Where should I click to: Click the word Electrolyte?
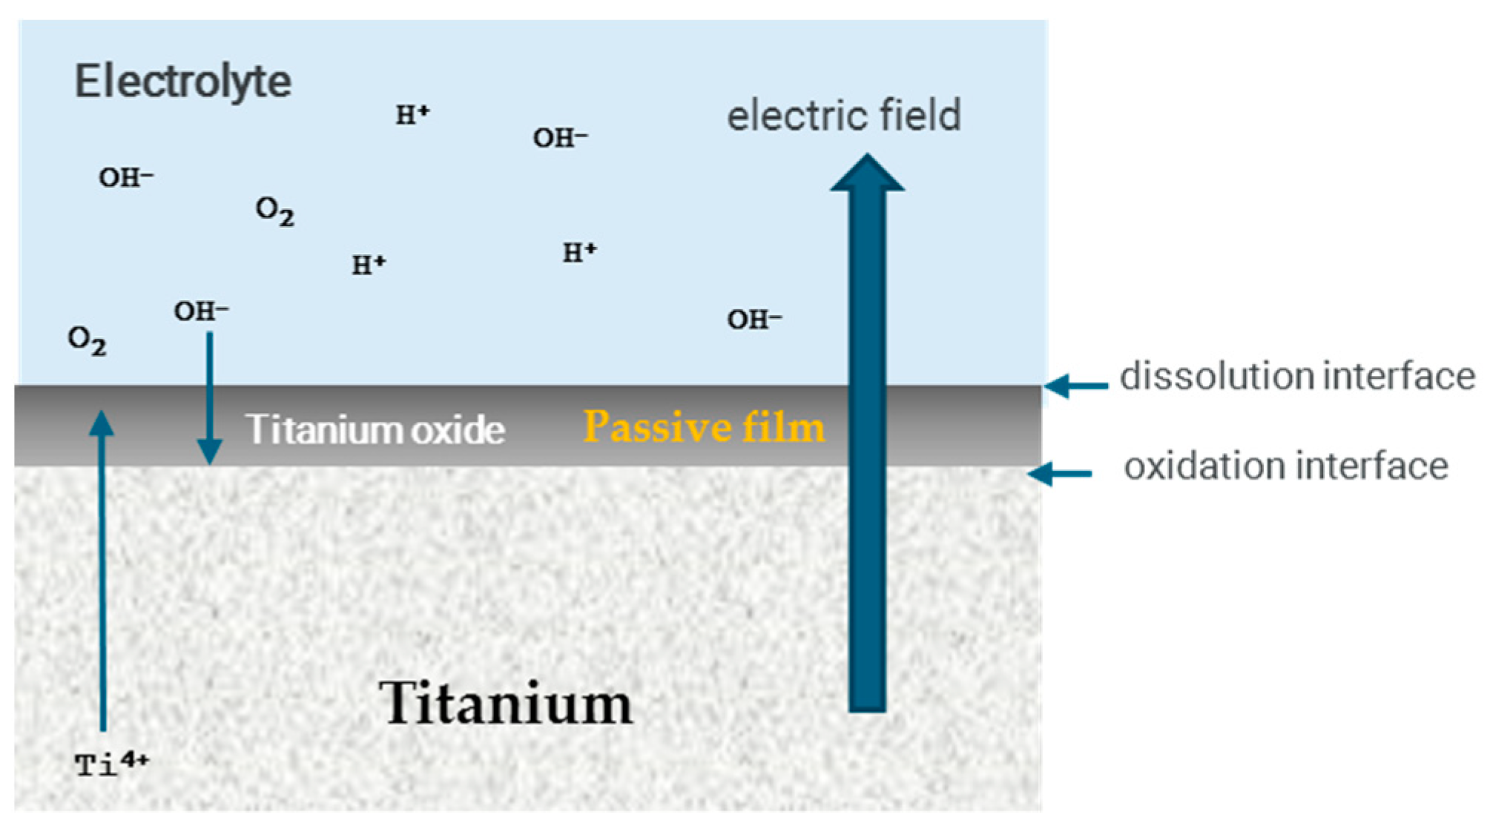click(182, 82)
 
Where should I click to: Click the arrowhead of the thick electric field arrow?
click(867, 174)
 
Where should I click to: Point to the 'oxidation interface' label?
click(1285, 467)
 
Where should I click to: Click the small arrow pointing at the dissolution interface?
click(1076, 386)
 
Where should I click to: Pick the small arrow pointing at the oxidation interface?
click(1059, 473)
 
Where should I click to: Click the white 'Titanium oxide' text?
click(375, 430)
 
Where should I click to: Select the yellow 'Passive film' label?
click(703, 428)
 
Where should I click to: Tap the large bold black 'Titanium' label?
click(505, 703)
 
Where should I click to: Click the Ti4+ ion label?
click(111, 763)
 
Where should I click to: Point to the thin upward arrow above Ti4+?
click(102, 571)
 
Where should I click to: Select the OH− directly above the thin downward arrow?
click(201, 311)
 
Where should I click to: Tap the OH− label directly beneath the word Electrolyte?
click(126, 178)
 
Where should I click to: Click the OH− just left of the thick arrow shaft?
click(754, 320)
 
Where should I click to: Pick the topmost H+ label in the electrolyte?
click(412, 115)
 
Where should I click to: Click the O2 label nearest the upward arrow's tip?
click(87, 340)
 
